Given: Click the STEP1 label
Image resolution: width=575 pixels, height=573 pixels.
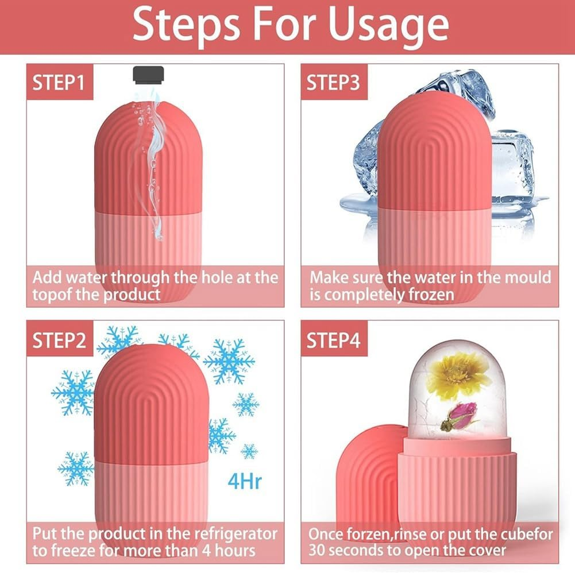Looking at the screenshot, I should coord(58,82).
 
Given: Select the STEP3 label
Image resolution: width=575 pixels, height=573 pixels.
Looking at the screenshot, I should coord(333,82).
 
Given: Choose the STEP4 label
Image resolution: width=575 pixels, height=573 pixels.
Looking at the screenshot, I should coord(333,340).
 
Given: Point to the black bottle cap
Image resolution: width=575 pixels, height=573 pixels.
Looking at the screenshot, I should coord(148,74).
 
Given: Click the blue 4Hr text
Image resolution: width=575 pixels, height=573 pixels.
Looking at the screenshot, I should coord(245,480).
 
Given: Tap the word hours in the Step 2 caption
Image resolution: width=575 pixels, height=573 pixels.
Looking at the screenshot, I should coord(233,550).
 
